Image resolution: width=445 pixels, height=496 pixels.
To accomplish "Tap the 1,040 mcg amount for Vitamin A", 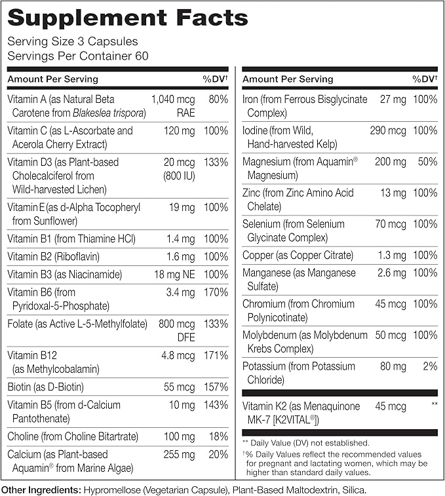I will coord(173,100).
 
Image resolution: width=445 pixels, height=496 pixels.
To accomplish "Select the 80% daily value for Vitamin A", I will coord(217,100).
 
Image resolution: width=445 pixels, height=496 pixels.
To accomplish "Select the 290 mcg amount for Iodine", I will coord(388,130).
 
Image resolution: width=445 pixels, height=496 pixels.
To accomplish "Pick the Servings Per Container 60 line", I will coord(78,56).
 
